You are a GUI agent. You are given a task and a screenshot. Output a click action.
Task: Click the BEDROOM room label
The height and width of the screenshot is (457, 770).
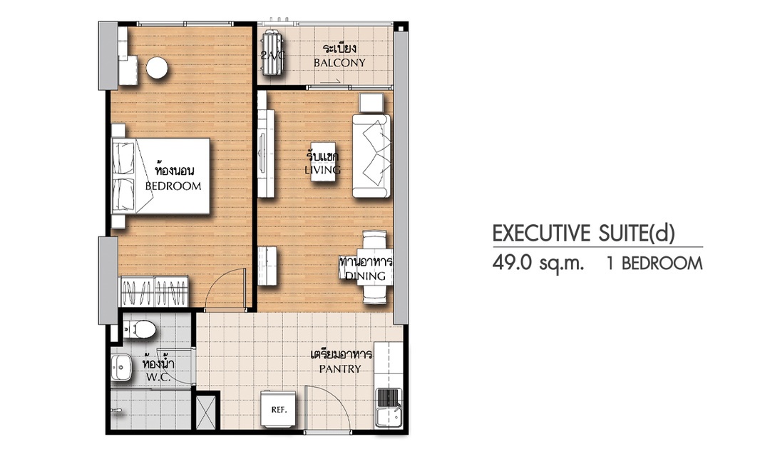(x=173, y=186)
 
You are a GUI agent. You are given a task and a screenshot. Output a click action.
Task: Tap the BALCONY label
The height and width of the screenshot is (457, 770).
(x=340, y=63)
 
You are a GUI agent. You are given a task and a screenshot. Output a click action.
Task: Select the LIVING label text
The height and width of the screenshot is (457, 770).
(x=323, y=170)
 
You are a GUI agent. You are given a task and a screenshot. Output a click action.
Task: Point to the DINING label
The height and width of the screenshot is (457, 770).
(x=365, y=276)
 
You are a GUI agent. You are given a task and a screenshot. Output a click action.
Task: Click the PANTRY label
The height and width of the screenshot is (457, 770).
(x=340, y=368)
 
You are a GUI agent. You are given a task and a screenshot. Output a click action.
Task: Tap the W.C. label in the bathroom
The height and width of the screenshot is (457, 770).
(x=158, y=377)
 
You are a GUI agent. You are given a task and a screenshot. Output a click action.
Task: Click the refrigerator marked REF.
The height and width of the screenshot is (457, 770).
(x=279, y=410)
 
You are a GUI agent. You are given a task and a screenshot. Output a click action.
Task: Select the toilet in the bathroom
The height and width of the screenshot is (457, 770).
(x=139, y=328)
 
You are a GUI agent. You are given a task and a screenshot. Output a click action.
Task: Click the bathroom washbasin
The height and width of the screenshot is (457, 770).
(x=120, y=368)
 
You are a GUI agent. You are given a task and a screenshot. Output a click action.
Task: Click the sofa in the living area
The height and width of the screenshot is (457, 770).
(x=371, y=156)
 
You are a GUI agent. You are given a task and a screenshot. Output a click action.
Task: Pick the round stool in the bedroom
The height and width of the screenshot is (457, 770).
(x=157, y=69)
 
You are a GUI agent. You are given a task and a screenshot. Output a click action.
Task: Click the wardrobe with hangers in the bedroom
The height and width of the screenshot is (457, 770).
(x=155, y=292)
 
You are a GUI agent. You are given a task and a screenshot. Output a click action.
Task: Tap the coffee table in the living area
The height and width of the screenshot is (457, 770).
(x=324, y=162)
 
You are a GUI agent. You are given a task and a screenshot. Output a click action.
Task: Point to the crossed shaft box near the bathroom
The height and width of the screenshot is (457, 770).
(x=206, y=411)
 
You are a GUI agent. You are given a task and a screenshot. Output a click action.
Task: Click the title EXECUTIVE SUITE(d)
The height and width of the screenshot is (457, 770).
(x=584, y=233)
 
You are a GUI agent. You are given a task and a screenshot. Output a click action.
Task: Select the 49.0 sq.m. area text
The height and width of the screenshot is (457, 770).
(x=539, y=263)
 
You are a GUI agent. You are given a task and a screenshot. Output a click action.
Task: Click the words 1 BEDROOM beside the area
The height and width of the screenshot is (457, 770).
(x=654, y=263)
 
